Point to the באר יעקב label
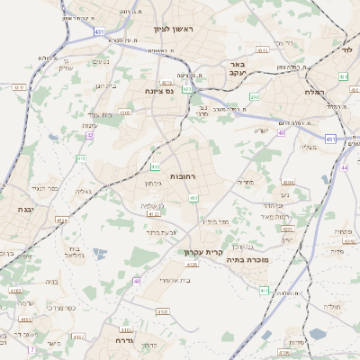coord(237,69)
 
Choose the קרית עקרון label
coord(202,253)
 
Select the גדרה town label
coord(124,341)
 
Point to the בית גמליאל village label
coord(76,252)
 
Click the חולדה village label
coord(333,307)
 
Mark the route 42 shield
coord(90,135)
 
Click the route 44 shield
coord(345,167)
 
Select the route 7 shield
coord(31,348)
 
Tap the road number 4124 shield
coord(62,220)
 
